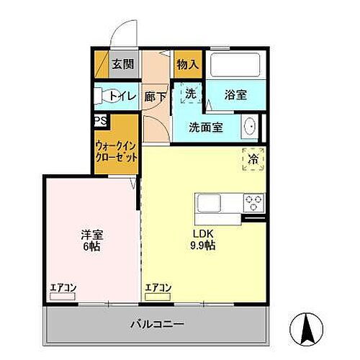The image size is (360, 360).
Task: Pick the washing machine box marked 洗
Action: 190,93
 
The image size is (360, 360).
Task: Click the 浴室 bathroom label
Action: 235,94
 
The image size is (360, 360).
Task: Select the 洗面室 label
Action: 205,127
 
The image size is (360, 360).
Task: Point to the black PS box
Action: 100,122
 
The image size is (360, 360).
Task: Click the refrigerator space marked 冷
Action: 253,158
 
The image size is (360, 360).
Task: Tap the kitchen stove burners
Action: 254,202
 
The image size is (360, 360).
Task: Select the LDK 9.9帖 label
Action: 202,239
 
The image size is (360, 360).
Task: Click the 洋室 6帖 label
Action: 89,239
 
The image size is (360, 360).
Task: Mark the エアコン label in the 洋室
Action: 63,289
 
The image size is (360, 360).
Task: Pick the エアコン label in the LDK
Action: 158,289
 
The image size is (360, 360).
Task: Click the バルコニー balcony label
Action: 156,324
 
